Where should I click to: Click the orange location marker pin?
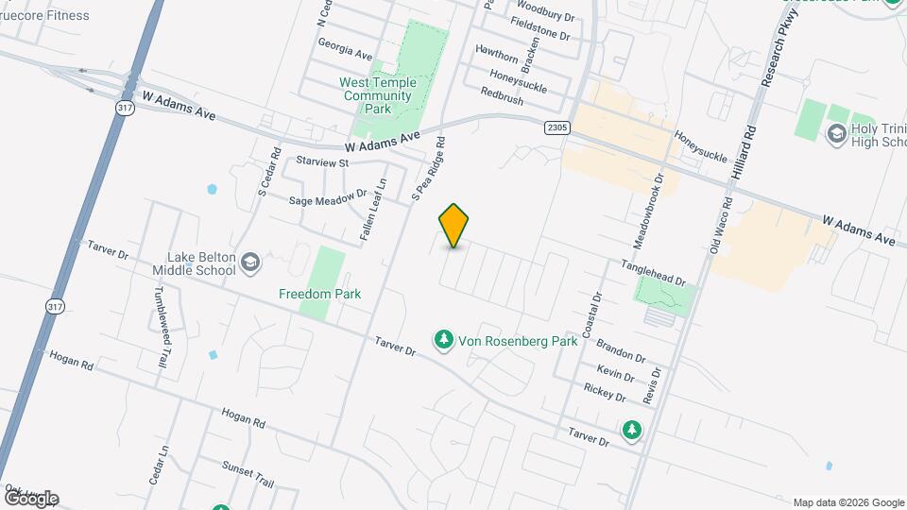pyautogui.click(x=454, y=226)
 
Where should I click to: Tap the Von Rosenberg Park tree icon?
pyautogui.click(x=442, y=338)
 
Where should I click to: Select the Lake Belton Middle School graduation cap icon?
pyautogui.click(x=250, y=262)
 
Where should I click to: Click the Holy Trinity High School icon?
pyautogui.click(x=836, y=133)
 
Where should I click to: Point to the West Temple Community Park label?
pyautogui.click(x=377, y=95)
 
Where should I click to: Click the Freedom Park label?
pyautogui.click(x=320, y=294)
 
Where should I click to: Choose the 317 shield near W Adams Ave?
pyautogui.click(x=125, y=108)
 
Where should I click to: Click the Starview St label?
pyautogui.click(x=323, y=162)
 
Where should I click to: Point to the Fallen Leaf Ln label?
pyautogui.click(x=373, y=208)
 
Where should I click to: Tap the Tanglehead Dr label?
pyautogui.click(x=653, y=274)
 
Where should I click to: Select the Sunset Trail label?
pyautogui.click(x=248, y=474)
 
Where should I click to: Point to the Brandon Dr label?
pyautogui.click(x=621, y=352)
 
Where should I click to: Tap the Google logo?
pyautogui.click(x=31, y=498)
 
